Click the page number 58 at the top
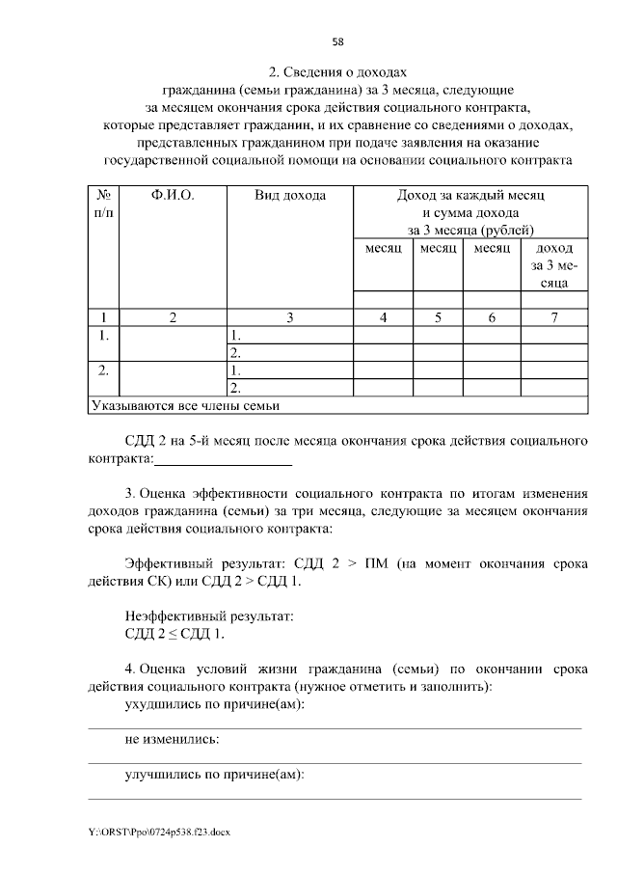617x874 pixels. (337, 41)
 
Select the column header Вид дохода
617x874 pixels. (289, 196)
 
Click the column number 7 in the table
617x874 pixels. (553, 316)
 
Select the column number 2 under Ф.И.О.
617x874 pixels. (173, 316)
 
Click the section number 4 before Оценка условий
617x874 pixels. (130, 669)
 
